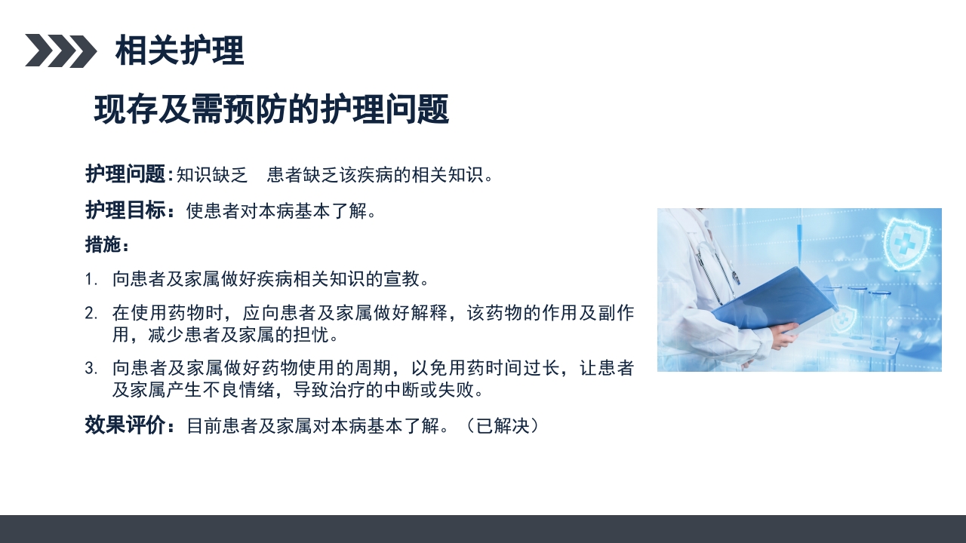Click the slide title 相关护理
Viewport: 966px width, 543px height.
click(180, 51)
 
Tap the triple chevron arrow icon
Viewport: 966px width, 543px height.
click(60, 51)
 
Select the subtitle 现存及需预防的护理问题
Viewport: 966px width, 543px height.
click(272, 110)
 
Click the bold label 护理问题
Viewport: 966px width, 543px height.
click(125, 175)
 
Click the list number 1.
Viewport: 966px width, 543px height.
click(91, 280)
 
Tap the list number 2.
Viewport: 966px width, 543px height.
click(91, 313)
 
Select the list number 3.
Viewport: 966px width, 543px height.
click(91, 369)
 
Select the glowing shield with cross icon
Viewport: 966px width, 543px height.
click(905, 243)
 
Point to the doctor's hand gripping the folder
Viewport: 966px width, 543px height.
click(785, 335)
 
